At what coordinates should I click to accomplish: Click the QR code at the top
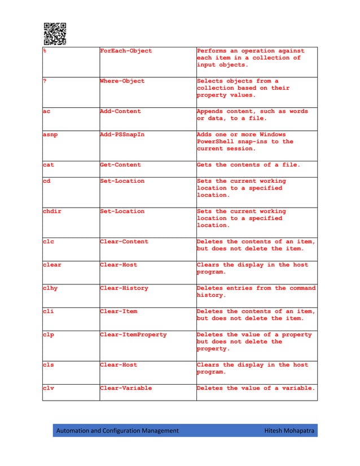click(55, 33)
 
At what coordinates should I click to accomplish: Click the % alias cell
click(45, 51)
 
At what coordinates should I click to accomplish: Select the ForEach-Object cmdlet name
click(126, 51)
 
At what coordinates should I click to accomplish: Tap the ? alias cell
click(45, 81)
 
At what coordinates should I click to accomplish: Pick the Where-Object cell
click(122, 81)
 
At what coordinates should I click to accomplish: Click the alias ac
click(47, 111)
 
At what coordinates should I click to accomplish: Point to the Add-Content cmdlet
click(120, 111)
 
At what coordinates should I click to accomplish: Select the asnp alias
click(50, 135)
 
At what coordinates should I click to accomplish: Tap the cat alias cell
click(49, 165)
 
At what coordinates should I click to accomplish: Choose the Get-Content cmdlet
click(120, 165)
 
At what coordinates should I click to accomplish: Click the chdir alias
click(52, 211)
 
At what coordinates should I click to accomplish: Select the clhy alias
click(50, 288)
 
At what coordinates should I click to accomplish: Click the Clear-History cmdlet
click(124, 288)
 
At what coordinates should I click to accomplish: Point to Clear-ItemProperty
click(133, 335)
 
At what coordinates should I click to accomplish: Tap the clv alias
click(49, 388)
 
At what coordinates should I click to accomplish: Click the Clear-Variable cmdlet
click(126, 388)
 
